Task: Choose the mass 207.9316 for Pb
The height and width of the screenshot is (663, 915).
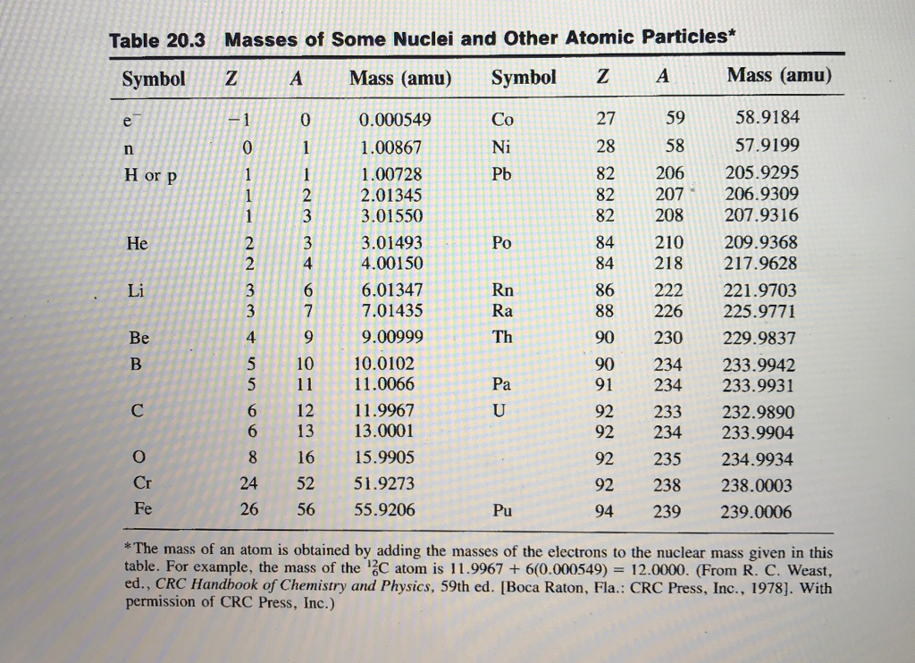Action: click(764, 215)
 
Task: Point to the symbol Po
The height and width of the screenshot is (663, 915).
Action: click(503, 243)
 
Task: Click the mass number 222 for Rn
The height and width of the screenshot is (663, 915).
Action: click(669, 290)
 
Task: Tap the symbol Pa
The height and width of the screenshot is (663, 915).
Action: click(502, 386)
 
